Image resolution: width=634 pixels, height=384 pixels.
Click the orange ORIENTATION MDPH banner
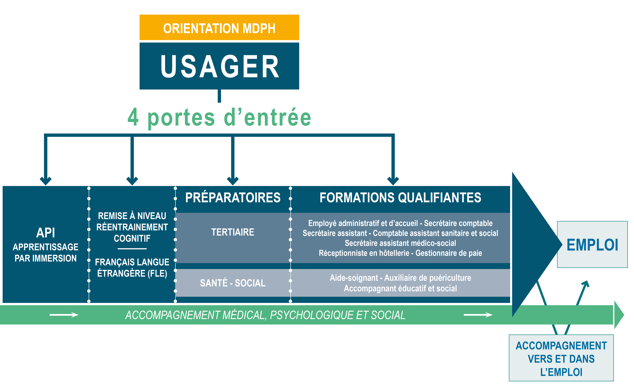219,27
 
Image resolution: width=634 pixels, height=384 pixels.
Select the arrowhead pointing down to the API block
46,181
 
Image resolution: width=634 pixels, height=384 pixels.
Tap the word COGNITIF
132,238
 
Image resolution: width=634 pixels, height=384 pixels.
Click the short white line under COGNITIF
132,249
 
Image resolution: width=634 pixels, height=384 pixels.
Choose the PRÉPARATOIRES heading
233,198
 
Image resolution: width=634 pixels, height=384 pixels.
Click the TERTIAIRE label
233,232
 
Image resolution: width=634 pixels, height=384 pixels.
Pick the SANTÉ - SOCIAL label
233,283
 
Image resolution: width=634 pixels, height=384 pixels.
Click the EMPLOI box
592,244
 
